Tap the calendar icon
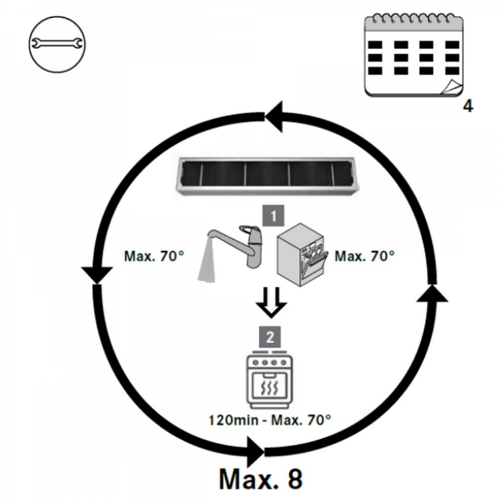click(x=413, y=57)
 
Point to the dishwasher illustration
click(x=302, y=255)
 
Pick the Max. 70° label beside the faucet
click(x=153, y=256)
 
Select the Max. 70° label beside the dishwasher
click(x=365, y=256)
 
